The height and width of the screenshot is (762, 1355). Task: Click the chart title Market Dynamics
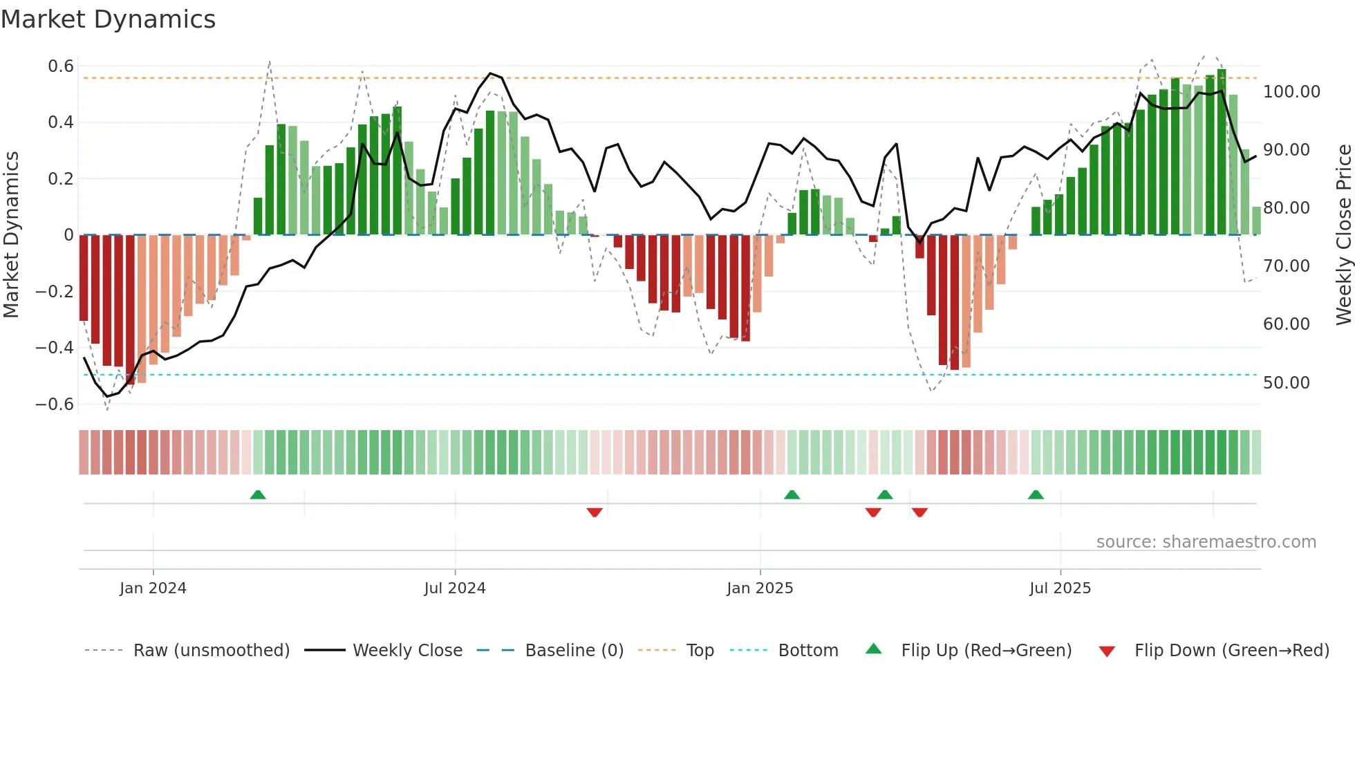(109, 19)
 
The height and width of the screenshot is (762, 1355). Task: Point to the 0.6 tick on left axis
(61, 66)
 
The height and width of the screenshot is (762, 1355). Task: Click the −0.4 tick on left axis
(55, 347)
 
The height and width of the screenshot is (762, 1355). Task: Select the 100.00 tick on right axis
(1291, 92)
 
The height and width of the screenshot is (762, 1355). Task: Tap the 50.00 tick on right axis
(1286, 382)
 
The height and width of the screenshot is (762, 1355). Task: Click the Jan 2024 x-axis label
(153, 588)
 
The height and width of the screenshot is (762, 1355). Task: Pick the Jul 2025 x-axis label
(1060, 588)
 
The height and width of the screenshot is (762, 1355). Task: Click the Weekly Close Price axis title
(1343, 235)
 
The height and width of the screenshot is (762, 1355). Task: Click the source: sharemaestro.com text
(1206, 542)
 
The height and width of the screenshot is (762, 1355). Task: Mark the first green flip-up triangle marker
(258, 494)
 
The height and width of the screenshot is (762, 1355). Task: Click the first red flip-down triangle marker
(595, 512)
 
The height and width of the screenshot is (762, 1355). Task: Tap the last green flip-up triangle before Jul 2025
(1036, 494)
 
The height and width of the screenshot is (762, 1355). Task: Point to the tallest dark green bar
(1222, 152)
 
